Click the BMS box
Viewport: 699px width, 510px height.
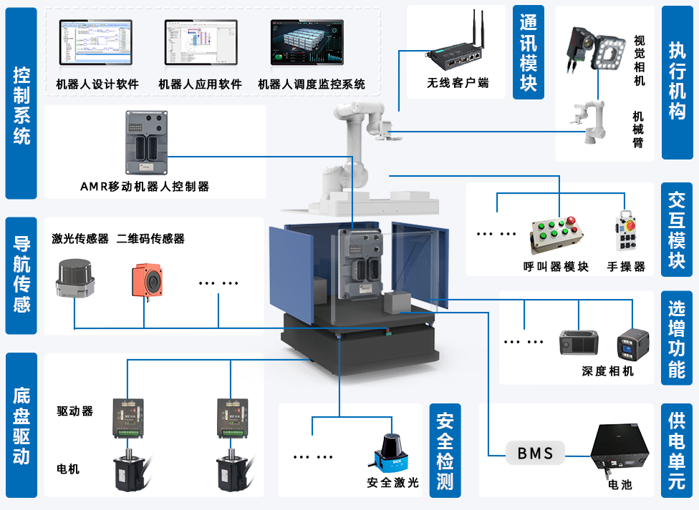(x=535, y=453)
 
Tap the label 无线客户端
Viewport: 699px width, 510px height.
(x=458, y=83)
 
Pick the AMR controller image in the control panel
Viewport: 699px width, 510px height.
(x=147, y=142)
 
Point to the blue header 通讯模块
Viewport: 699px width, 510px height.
(x=529, y=53)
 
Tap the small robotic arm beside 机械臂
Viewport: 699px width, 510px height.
(x=588, y=122)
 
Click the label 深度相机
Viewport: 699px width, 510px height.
(x=607, y=372)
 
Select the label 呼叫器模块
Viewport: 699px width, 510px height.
(x=556, y=267)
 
